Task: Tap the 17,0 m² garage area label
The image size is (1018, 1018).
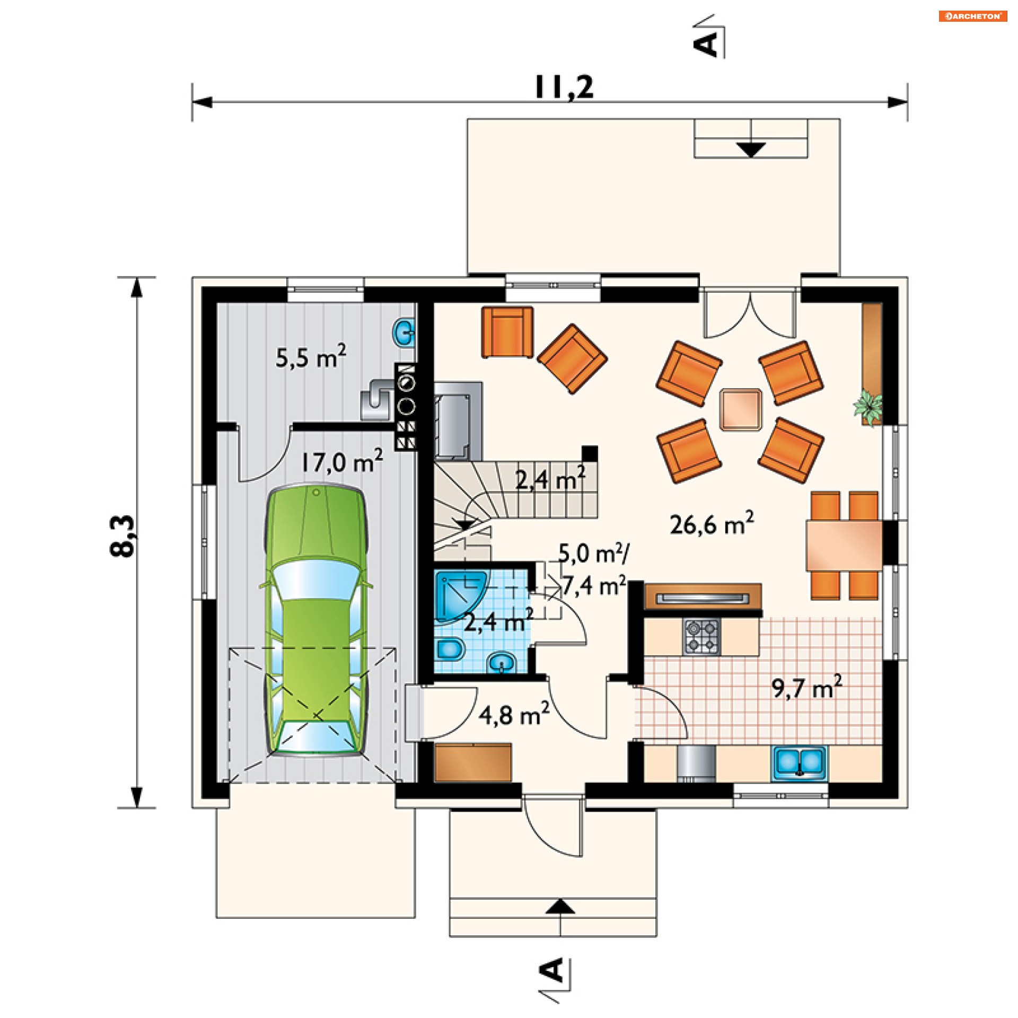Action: pyautogui.click(x=342, y=461)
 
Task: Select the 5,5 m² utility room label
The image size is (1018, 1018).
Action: pyautogui.click(x=311, y=356)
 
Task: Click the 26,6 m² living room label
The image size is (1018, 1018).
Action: pyautogui.click(x=712, y=523)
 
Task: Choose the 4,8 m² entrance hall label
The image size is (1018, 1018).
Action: pyautogui.click(x=514, y=714)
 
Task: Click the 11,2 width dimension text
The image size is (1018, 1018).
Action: pyautogui.click(x=564, y=87)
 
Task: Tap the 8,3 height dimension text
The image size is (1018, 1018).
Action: pyautogui.click(x=123, y=536)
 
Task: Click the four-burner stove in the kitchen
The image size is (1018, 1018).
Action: pyautogui.click(x=701, y=636)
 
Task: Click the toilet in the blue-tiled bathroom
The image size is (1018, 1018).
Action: pyautogui.click(x=450, y=648)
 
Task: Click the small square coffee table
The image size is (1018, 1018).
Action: pyautogui.click(x=741, y=409)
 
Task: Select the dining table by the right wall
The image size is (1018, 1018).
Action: pyautogui.click(x=844, y=546)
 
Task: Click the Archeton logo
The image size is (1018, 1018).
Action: pyautogui.click(x=973, y=16)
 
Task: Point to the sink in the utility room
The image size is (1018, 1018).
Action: pyautogui.click(x=404, y=333)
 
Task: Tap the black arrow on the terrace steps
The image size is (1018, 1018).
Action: pyautogui.click(x=751, y=150)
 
